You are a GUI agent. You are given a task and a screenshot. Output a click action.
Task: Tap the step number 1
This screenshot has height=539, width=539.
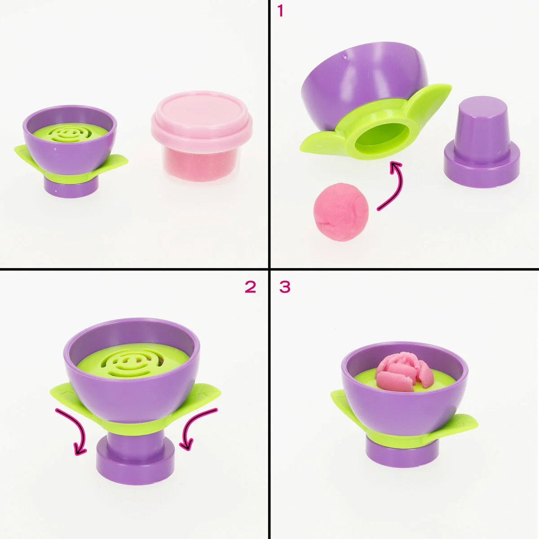coord(281,11)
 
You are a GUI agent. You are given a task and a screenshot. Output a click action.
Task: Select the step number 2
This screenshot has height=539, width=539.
coord(250,287)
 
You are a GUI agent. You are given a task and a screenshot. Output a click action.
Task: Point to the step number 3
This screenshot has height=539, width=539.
coord(285,287)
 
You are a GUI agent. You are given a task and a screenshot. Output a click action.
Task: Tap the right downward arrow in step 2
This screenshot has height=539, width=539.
coord(198,429)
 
